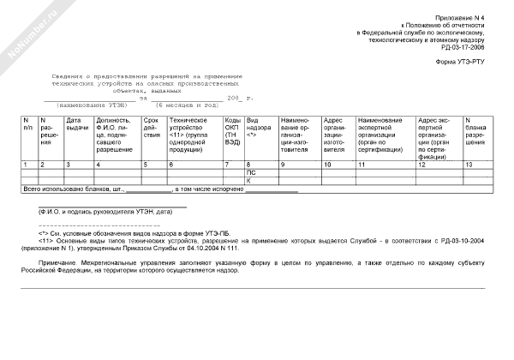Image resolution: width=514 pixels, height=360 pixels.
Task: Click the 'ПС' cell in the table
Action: (x=251, y=172)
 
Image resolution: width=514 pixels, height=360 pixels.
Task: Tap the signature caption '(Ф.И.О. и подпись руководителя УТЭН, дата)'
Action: (x=101, y=211)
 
